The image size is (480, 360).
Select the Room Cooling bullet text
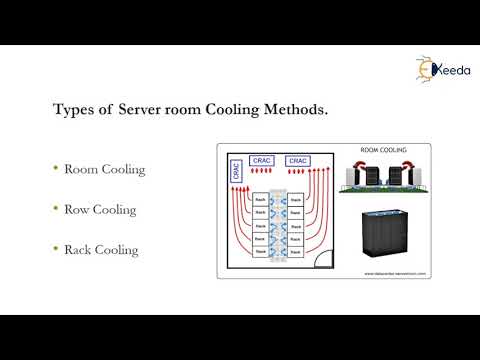point(104,169)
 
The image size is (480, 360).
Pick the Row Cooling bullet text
point(100,210)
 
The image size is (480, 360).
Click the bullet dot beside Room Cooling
point(55,169)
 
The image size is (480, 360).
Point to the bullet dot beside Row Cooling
point(55,210)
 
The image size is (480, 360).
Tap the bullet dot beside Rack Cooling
point(55,250)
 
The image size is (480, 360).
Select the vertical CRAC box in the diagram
point(235,172)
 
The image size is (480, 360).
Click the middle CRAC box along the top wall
point(262,159)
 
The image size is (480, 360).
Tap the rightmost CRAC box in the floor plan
point(298,159)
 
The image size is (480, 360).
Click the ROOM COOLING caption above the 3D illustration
point(384,151)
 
